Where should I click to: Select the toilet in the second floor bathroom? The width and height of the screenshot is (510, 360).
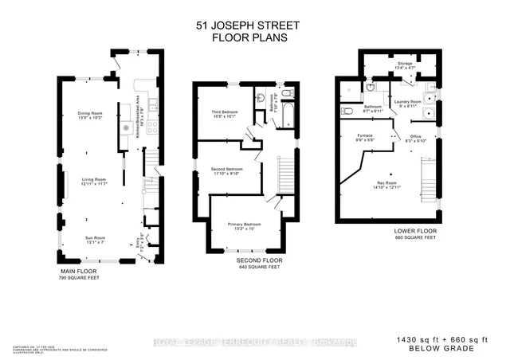[x=261, y=97]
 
